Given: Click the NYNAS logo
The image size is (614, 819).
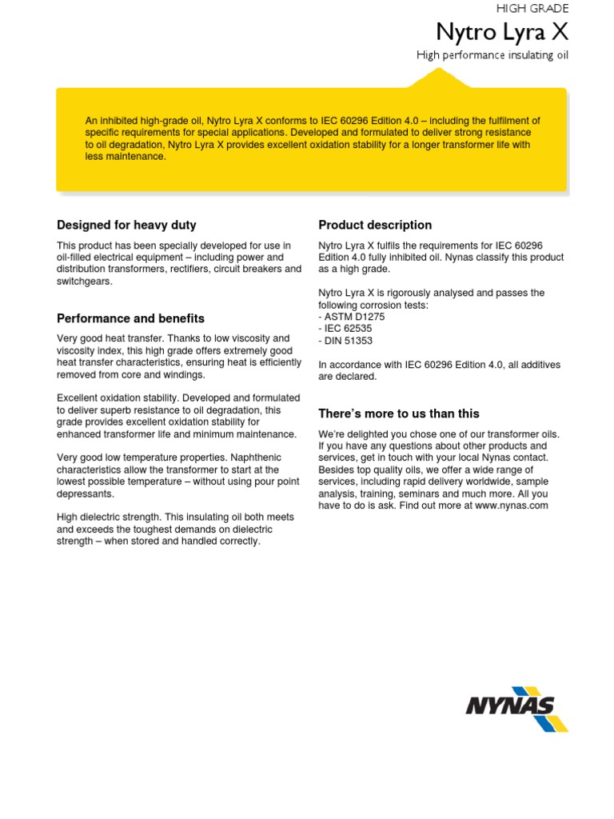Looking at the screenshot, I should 516,708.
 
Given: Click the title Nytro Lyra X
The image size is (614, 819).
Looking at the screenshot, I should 502,33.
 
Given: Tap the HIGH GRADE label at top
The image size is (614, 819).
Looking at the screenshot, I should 532,8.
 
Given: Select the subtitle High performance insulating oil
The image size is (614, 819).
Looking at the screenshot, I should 492,55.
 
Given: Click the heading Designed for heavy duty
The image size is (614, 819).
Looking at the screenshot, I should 126,225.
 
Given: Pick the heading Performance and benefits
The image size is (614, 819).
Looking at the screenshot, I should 130,318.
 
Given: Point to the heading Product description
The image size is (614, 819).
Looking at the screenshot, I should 375,225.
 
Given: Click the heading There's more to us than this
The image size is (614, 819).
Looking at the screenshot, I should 399,413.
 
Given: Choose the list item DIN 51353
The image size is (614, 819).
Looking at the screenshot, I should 349,341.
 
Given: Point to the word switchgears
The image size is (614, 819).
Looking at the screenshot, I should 85,282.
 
